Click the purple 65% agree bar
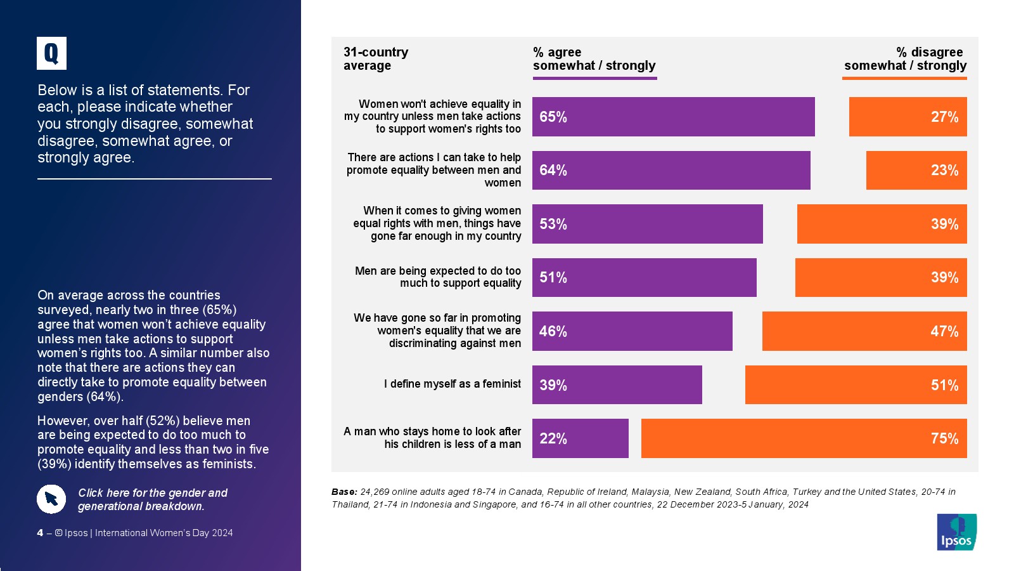pos(673,117)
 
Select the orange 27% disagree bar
pos(908,117)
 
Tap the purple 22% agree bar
pos(580,438)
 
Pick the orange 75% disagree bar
pos(804,438)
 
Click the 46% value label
pos(553,331)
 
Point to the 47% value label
pos(944,331)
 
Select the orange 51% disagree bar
pos(856,385)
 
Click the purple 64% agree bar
pos(671,170)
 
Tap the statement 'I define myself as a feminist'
pos(452,384)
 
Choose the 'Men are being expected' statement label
pos(438,277)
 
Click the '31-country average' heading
pos(376,59)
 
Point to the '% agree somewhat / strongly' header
pos(594,59)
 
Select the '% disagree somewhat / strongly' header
pos(905,59)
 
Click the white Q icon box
pos(51,53)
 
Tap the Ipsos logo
pos(956,532)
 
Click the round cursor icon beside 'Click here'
pos(51,499)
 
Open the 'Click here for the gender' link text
pos(152,499)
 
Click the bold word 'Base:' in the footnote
pos(344,492)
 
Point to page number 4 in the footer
pos(40,533)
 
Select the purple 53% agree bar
pos(647,224)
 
